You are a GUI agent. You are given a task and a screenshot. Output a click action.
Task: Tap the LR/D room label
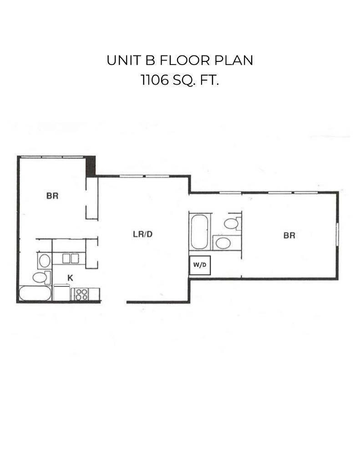(x=142, y=234)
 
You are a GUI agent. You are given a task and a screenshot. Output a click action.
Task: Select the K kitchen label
(x=71, y=277)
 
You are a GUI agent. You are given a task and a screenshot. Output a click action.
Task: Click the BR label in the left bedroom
(x=52, y=196)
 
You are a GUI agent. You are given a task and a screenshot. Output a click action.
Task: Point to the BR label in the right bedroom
(x=289, y=235)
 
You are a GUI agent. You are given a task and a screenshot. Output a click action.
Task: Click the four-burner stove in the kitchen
(x=82, y=294)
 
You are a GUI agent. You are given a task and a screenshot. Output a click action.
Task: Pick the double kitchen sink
(x=71, y=258)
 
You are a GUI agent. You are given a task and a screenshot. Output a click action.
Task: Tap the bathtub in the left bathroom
(x=35, y=294)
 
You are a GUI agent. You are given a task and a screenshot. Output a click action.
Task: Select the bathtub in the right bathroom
(x=199, y=232)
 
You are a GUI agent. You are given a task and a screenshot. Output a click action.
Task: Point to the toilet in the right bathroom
(x=233, y=223)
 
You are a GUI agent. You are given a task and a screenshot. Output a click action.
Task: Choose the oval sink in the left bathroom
(x=44, y=261)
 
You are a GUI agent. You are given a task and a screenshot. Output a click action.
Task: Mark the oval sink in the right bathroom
(x=223, y=242)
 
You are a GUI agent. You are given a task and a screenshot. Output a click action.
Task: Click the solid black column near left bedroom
(x=91, y=166)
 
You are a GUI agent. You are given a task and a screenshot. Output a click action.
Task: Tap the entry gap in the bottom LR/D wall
(x=113, y=301)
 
